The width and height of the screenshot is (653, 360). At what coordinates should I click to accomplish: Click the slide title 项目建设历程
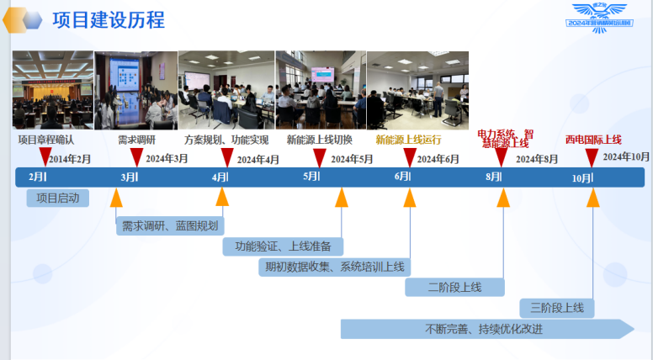(108, 19)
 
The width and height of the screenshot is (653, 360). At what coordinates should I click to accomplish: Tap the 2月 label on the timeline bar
(38, 177)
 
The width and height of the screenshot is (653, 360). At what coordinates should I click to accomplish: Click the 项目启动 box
(58, 199)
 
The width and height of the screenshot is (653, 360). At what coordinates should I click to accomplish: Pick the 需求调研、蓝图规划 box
(169, 225)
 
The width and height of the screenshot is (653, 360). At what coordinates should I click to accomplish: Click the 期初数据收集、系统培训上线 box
(334, 267)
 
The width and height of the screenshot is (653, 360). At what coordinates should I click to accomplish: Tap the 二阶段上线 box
(454, 288)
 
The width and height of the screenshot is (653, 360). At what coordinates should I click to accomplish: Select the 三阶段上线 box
(557, 308)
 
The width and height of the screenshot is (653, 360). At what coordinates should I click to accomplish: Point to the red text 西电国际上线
(593, 140)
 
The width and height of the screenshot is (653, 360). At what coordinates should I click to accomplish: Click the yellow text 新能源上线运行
(408, 140)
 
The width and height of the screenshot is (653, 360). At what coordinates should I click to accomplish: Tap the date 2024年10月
(626, 156)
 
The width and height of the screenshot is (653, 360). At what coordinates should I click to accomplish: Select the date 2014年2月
(70, 158)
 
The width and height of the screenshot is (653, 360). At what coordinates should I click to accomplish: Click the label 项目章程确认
(45, 140)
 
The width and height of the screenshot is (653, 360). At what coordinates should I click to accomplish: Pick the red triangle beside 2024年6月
(410, 157)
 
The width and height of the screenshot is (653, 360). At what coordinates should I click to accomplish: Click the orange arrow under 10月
(592, 198)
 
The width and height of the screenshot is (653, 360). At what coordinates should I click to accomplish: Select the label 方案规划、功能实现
(226, 140)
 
